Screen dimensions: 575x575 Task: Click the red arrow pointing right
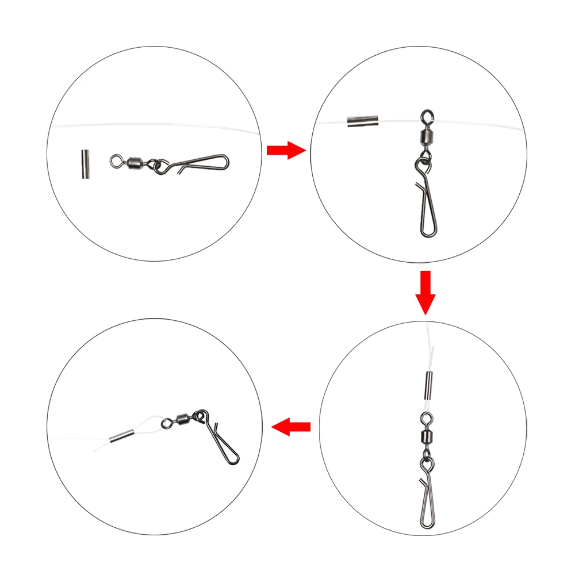(x=286, y=151)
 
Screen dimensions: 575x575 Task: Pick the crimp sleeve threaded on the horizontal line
(x=361, y=121)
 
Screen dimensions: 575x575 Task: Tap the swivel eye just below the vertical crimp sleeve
(x=426, y=417)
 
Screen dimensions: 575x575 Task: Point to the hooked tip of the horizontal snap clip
(x=181, y=170)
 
